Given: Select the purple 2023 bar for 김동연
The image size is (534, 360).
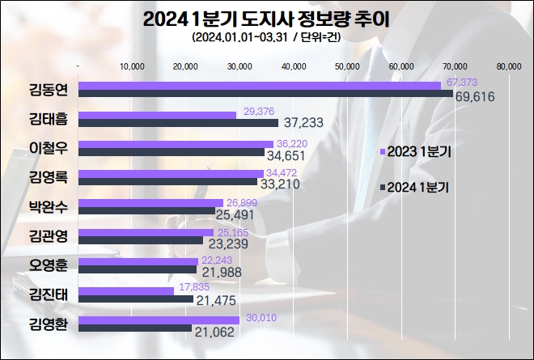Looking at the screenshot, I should pyautogui.click(x=259, y=85).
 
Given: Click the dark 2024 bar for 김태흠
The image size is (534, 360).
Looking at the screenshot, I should pyautogui.click(x=178, y=123).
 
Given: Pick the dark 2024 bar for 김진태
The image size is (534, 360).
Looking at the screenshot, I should pyautogui.click(x=136, y=300).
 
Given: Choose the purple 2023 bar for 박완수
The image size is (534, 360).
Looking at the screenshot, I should pyautogui.click(x=150, y=203).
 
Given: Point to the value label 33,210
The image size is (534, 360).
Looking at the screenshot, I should pyautogui.click(x=288, y=184).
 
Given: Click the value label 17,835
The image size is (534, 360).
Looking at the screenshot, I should pyautogui.click(x=197, y=287).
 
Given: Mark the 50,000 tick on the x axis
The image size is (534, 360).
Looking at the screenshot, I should pyautogui.click(x=347, y=66).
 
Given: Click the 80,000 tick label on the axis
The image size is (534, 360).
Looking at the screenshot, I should pyautogui.click(x=509, y=66).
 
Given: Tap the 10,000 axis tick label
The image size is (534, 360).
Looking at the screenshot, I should pyautogui.click(x=131, y=66).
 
